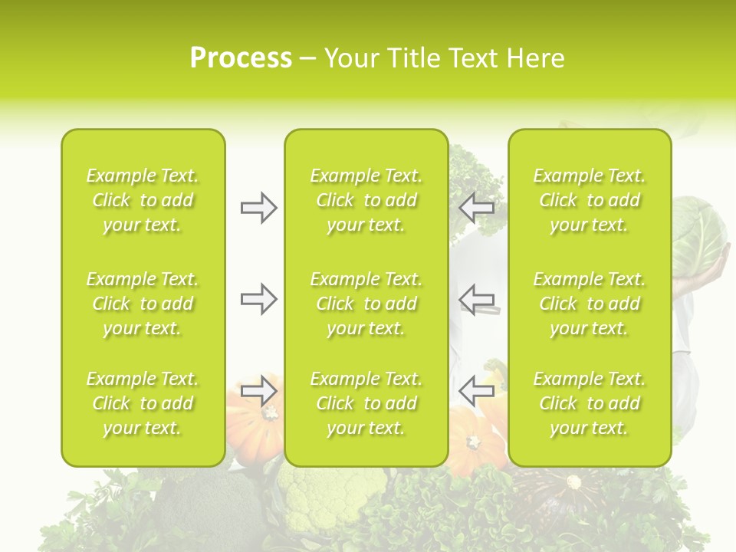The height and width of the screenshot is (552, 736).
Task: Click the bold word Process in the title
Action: pyautogui.click(x=241, y=58)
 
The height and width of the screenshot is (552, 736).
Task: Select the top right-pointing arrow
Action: pyautogui.click(x=258, y=208)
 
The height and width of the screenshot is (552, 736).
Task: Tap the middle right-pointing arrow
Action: pyautogui.click(x=258, y=299)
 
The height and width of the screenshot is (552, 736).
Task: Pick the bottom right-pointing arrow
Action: pyautogui.click(x=258, y=390)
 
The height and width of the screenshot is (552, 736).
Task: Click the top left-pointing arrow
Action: pyautogui.click(x=477, y=208)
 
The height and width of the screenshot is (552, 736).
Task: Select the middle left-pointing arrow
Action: pyautogui.click(x=477, y=299)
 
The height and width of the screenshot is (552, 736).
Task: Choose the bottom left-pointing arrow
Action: pyautogui.click(x=477, y=390)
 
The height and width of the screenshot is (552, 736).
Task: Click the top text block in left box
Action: pyautogui.click(x=143, y=200)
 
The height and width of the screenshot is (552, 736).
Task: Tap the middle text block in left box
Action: pyautogui.click(x=143, y=304)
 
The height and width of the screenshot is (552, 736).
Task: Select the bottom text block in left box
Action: pyautogui.click(x=143, y=403)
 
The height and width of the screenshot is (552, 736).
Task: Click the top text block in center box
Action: pyautogui.click(x=366, y=200)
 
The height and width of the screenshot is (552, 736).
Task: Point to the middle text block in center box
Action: pyautogui.click(x=366, y=304)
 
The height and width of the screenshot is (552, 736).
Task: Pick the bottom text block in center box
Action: pyautogui.click(x=366, y=403)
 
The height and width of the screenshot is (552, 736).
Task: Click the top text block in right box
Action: pyautogui.click(x=589, y=200)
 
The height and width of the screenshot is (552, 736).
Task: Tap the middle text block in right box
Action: pyautogui.click(x=589, y=304)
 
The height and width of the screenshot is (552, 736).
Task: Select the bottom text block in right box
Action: pyautogui.click(x=589, y=403)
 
